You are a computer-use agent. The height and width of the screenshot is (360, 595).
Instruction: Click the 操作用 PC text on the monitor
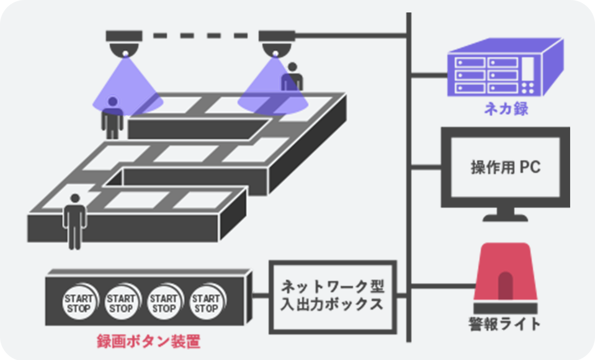click(x=505, y=168)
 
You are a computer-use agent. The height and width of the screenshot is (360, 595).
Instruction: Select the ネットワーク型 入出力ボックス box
click(x=333, y=296)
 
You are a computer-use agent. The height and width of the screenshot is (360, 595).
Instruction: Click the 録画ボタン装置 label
click(x=148, y=341)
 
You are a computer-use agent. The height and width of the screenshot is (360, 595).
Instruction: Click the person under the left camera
click(x=112, y=118)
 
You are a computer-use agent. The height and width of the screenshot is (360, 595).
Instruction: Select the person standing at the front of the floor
click(x=75, y=220)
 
